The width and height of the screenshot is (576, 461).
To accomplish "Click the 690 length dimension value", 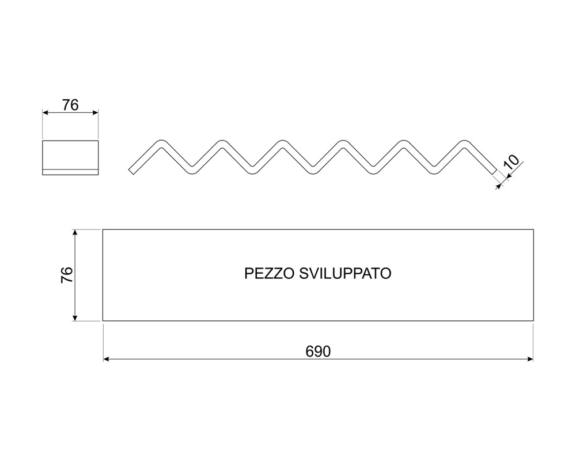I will [318, 352].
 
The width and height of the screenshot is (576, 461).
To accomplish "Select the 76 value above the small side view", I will [70, 105].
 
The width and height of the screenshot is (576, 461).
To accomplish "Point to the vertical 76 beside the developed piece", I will [67, 275].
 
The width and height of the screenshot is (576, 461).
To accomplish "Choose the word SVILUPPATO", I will [345, 273].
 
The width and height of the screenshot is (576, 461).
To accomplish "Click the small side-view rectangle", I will [71, 157].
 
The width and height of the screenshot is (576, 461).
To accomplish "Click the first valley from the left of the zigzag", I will [191, 171].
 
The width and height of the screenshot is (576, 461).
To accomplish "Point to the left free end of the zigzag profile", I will [132, 171].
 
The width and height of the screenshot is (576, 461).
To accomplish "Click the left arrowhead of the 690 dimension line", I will [105, 359].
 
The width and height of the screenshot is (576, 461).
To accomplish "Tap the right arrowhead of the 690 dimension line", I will [530, 359].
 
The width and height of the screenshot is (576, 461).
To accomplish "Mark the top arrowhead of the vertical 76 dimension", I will [75, 232].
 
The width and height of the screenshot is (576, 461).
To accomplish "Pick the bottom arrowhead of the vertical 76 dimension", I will [75, 318].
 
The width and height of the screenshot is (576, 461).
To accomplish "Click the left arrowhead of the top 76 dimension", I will [45, 114].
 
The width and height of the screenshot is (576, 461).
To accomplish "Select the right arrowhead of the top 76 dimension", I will [96, 114].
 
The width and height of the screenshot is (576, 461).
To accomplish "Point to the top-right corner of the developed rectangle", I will [533, 229].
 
